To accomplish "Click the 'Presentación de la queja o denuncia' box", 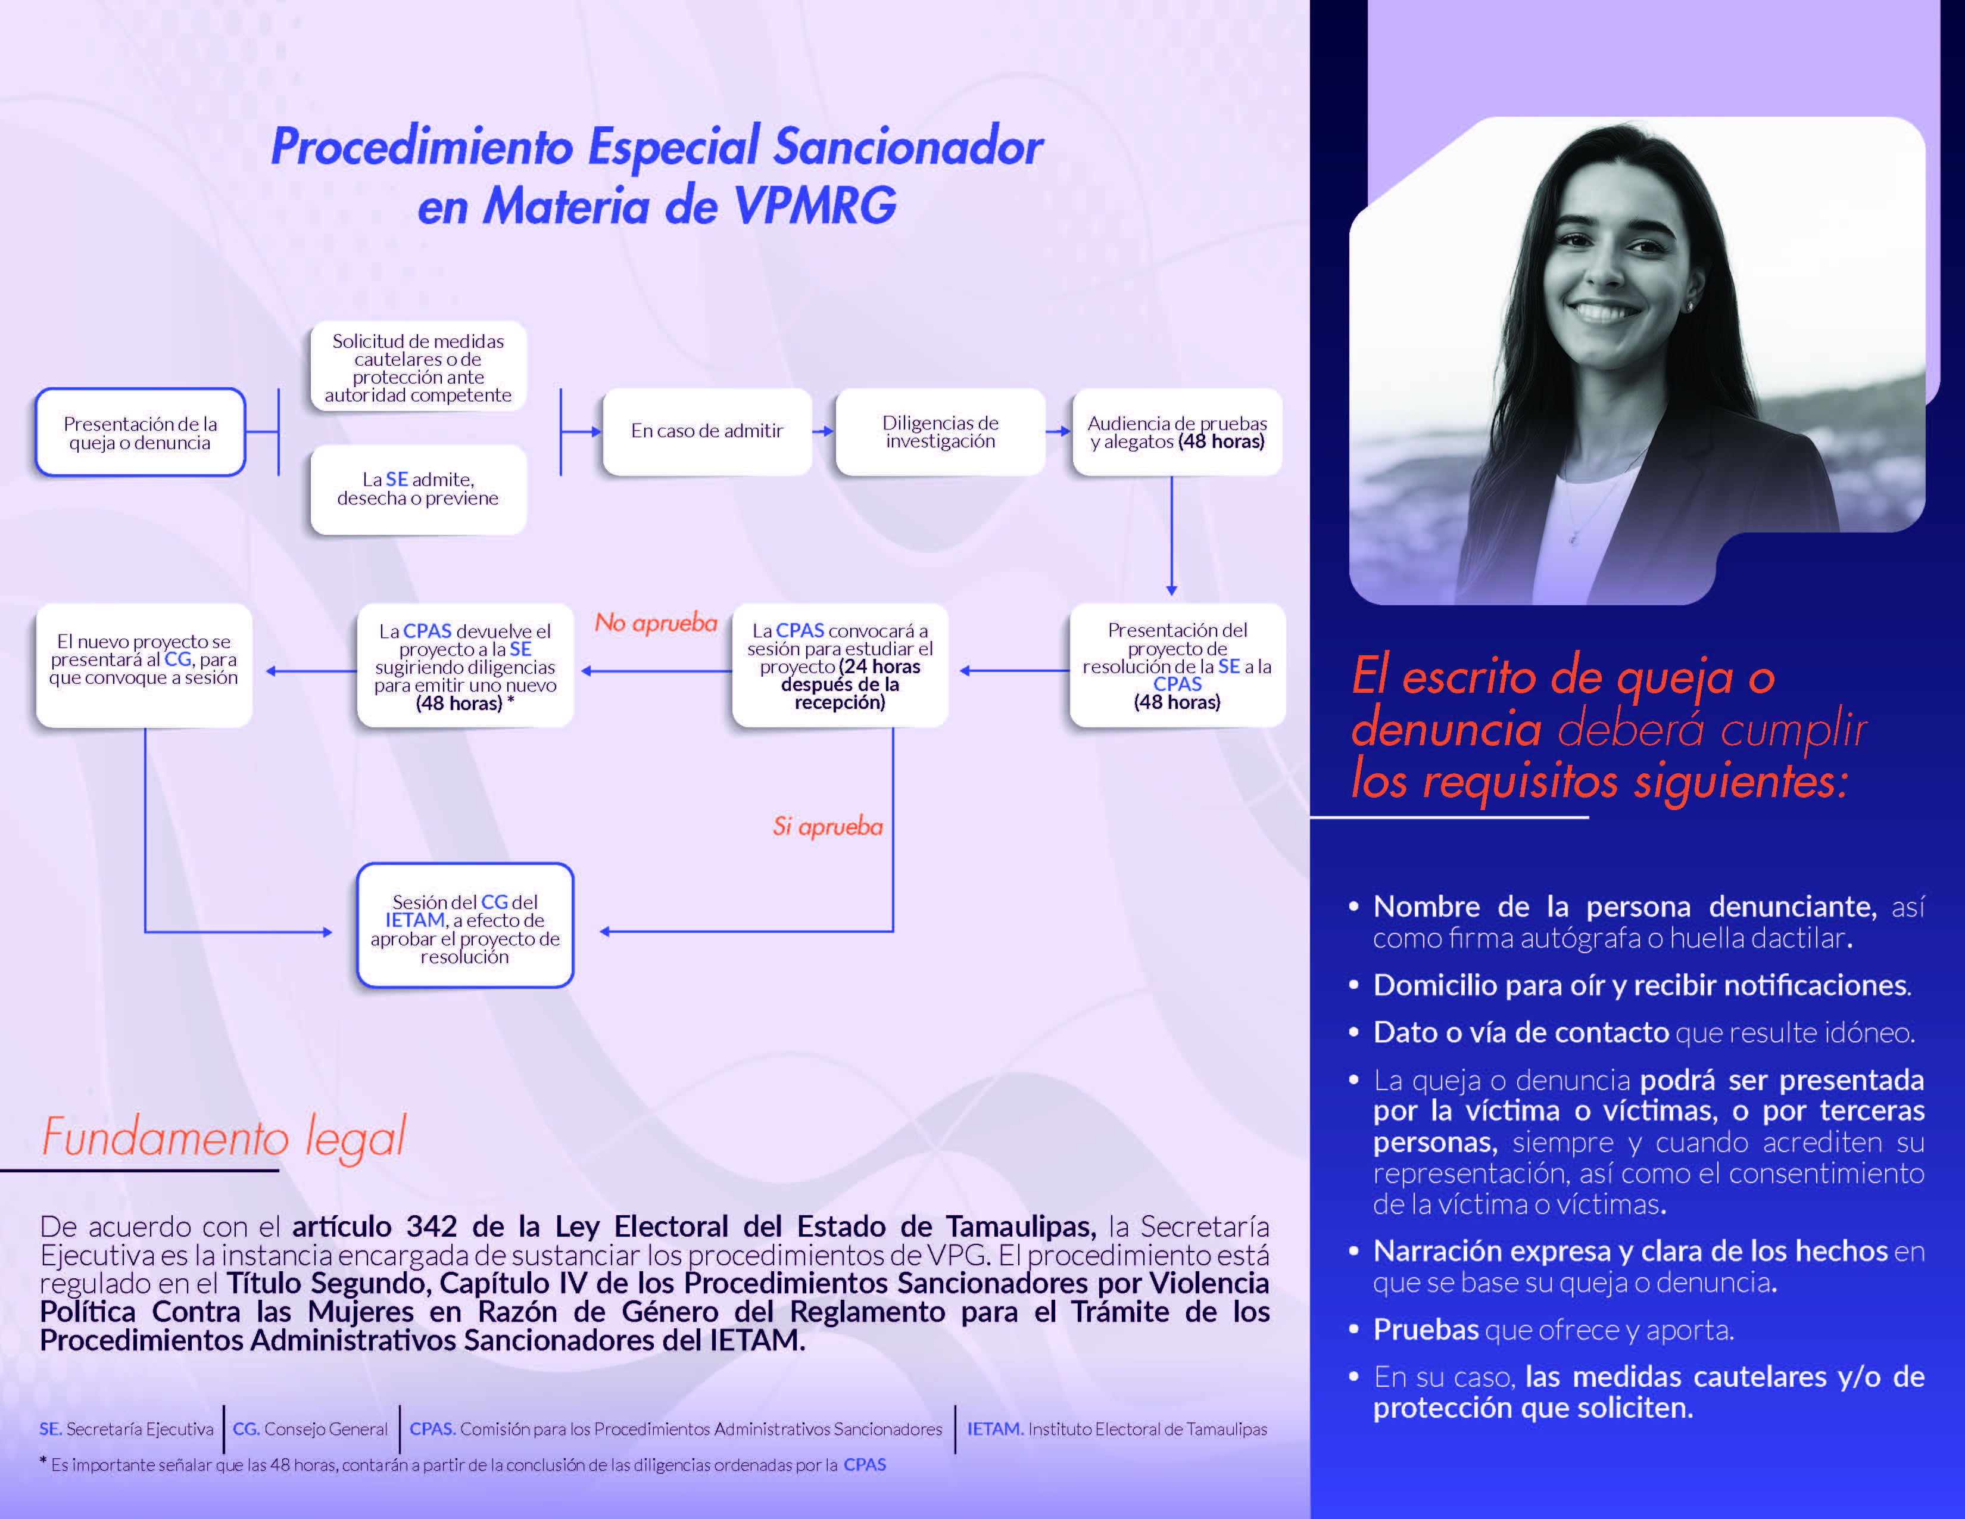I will tap(141, 432).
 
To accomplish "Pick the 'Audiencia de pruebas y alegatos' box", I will tap(1176, 431).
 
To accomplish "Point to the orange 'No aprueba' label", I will tap(656, 622).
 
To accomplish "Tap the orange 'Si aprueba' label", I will tap(828, 826).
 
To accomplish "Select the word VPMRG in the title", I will tap(815, 206).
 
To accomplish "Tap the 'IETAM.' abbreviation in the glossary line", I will tap(994, 1429).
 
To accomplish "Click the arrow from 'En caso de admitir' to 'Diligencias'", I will tap(824, 431).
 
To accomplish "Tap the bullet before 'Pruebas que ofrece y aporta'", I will tap(1353, 1328).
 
